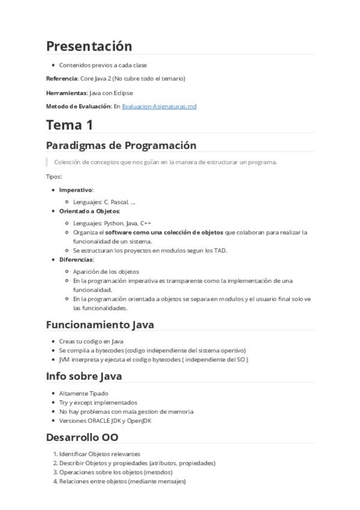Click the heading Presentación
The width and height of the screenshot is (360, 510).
tap(89, 46)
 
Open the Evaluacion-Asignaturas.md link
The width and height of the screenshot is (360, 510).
tap(159, 106)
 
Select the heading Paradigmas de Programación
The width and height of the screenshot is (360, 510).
tap(121, 146)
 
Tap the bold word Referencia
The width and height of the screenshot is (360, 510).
tap(62, 78)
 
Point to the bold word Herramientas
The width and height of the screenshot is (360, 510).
tap(66, 93)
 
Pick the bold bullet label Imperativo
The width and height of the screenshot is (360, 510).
tap(76, 189)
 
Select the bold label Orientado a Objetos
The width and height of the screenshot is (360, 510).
tap(90, 211)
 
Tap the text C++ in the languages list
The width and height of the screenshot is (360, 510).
tap(146, 223)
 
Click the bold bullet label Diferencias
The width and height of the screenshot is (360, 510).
tap(76, 259)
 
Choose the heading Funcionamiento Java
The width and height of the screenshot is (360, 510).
tap(100, 325)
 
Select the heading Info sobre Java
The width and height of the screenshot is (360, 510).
tap(84, 376)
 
